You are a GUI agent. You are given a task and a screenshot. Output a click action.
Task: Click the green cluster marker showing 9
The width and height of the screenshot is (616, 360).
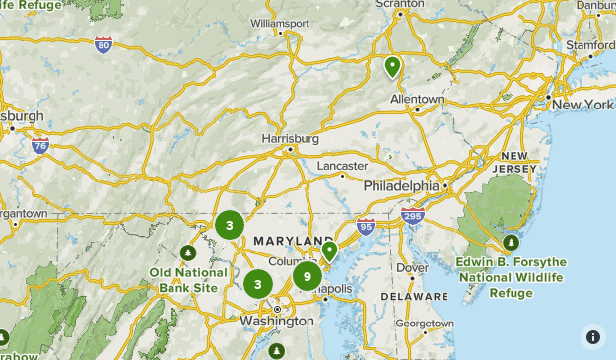pyautogui.click(x=308, y=276)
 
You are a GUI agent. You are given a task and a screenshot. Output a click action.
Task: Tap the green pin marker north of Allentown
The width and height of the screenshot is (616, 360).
pyautogui.click(x=392, y=67)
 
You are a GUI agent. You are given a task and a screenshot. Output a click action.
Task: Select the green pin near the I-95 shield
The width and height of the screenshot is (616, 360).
pyautogui.click(x=330, y=251)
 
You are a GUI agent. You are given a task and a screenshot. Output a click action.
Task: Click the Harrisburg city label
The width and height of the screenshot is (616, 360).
pyautogui.click(x=290, y=139)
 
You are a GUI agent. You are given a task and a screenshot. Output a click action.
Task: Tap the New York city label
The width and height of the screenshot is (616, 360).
pyautogui.click(x=582, y=105)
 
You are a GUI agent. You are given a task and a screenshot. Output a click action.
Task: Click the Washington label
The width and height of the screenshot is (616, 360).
pyautogui.click(x=276, y=322)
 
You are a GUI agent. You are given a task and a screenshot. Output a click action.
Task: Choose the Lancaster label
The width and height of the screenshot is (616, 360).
pyautogui.click(x=342, y=165)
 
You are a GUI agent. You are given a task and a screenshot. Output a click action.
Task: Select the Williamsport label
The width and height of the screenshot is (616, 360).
pyautogui.click(x=280, y=22)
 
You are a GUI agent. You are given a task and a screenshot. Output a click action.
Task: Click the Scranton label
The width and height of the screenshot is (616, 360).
pyautogui.click(x=400, y=5)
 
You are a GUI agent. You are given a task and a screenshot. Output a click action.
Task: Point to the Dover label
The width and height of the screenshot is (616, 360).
pyautogui.click(x=413, y=267)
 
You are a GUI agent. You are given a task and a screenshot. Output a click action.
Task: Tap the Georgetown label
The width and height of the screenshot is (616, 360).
pyautogui.click(x=425, y=323)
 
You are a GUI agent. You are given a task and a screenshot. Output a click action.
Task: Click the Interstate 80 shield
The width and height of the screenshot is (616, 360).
pyautogui.click(x=104, y=44)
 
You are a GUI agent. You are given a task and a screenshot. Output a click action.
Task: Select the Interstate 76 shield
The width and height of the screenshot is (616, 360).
pyautogui.click(x=39, y=146)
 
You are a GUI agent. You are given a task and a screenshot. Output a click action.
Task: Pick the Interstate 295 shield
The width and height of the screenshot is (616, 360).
pyautogui.click(x=412, y=215)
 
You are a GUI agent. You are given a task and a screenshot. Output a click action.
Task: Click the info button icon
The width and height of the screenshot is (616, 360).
pyautogui.click(x=593, y=337)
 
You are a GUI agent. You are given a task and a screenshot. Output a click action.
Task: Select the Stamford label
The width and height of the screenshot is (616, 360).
pyautogui.click(x=588, y=44)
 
